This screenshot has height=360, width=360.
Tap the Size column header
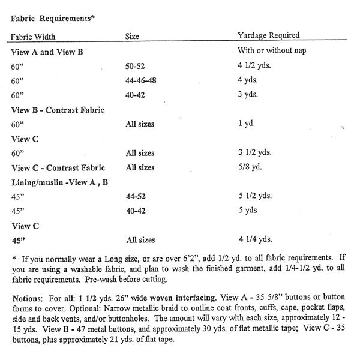[x=132, y=36]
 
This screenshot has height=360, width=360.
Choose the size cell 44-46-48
[x=144, y=80]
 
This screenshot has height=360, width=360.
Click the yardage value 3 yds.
[x=251, y=95]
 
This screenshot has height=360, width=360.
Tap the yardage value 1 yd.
[x=247, y=124]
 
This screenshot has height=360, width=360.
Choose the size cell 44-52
[x=137, y=196]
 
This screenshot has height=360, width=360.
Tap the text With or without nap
[x=272, y=51]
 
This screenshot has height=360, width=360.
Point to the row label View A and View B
[x=47, y=52]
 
